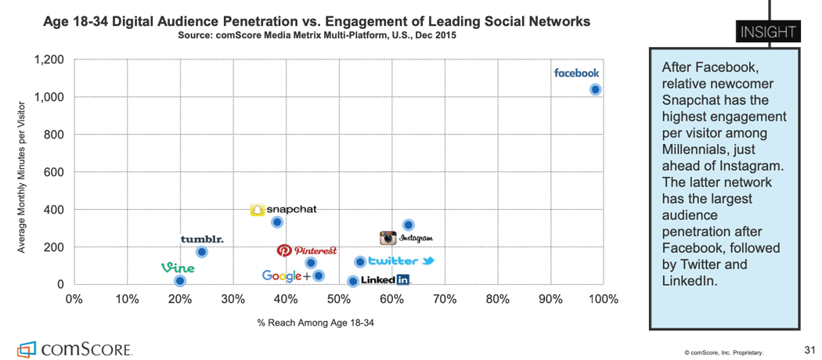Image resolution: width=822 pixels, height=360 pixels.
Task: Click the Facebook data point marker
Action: pyautogui.click(x=595, y=89)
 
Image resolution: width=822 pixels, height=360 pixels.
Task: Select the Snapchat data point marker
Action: pyautogui.click(x=277, y=222)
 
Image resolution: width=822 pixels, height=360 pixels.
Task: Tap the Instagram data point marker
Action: pyautogui.click(x=408, y=225)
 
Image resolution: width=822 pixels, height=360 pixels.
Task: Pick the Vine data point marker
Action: pyautogui.click(x=180, y=280)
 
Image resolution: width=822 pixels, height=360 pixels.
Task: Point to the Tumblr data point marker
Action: pyautogui.click(x=201, y=252)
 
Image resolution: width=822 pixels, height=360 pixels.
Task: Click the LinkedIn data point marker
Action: pyautogui.click(x=353, y=281)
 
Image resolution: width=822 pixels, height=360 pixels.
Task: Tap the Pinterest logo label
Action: pyautogui.click(x=307, y=250)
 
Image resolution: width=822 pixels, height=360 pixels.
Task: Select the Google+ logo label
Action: pyautogui.click(x=286, y=275)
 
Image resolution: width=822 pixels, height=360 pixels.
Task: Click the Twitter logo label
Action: pyautogui.click(x=400, y=261)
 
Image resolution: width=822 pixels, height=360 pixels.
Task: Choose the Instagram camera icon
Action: pyautogui.click(x=388, y=238)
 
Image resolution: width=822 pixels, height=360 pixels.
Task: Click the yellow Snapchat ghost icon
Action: pyautogui.click(x=257, y=210)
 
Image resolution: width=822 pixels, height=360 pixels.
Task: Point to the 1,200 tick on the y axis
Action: pyautogui.click(x=49, y=60)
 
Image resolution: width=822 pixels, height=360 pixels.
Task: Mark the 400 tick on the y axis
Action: pyautogui.click(x=53, y=210)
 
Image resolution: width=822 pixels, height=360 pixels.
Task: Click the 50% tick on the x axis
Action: pyautogui.click(x=338, y=299)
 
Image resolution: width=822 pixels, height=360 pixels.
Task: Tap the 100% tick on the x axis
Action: pyautogui.click(x=603, y=299)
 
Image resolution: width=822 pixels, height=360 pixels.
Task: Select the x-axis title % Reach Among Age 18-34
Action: pyautogui.click(x=315, y=323)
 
